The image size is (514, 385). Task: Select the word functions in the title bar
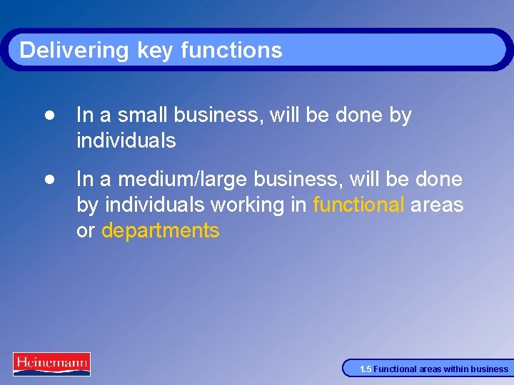[231, 50]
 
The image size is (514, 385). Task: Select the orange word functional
[358, 205]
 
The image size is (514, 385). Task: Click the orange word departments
[161, 231]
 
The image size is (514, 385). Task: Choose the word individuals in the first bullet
[126, 140]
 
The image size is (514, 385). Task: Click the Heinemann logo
[51, 364]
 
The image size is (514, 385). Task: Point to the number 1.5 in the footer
[366, 369]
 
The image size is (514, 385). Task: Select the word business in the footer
[490, 369]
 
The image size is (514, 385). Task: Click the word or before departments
[86, 231]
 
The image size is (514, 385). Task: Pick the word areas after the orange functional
[438, 205]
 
